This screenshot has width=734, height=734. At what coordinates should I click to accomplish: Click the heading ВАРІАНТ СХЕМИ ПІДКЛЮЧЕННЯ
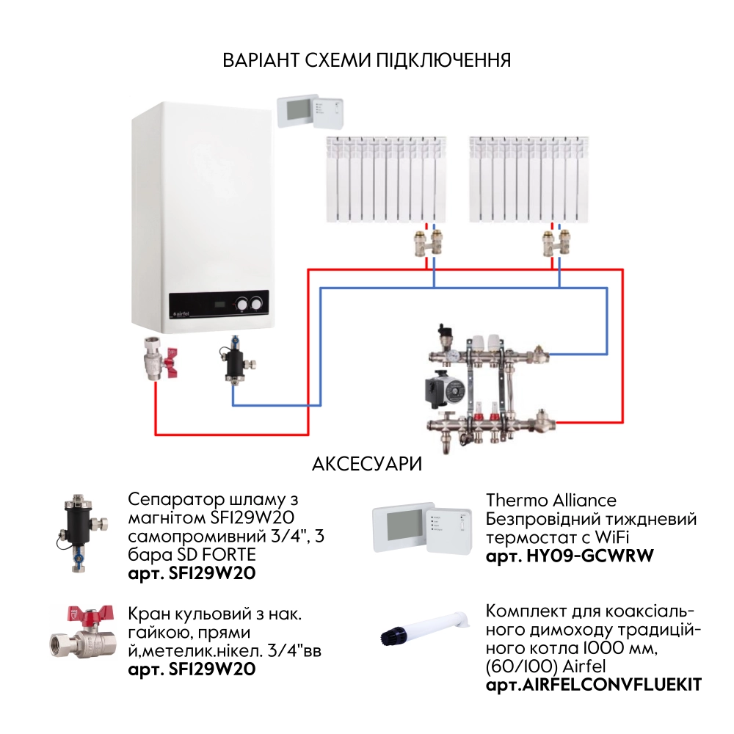[367, 60]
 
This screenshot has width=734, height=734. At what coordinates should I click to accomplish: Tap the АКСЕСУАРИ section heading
[367, 465]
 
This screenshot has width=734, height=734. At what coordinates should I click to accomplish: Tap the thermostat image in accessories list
[423, 527]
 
